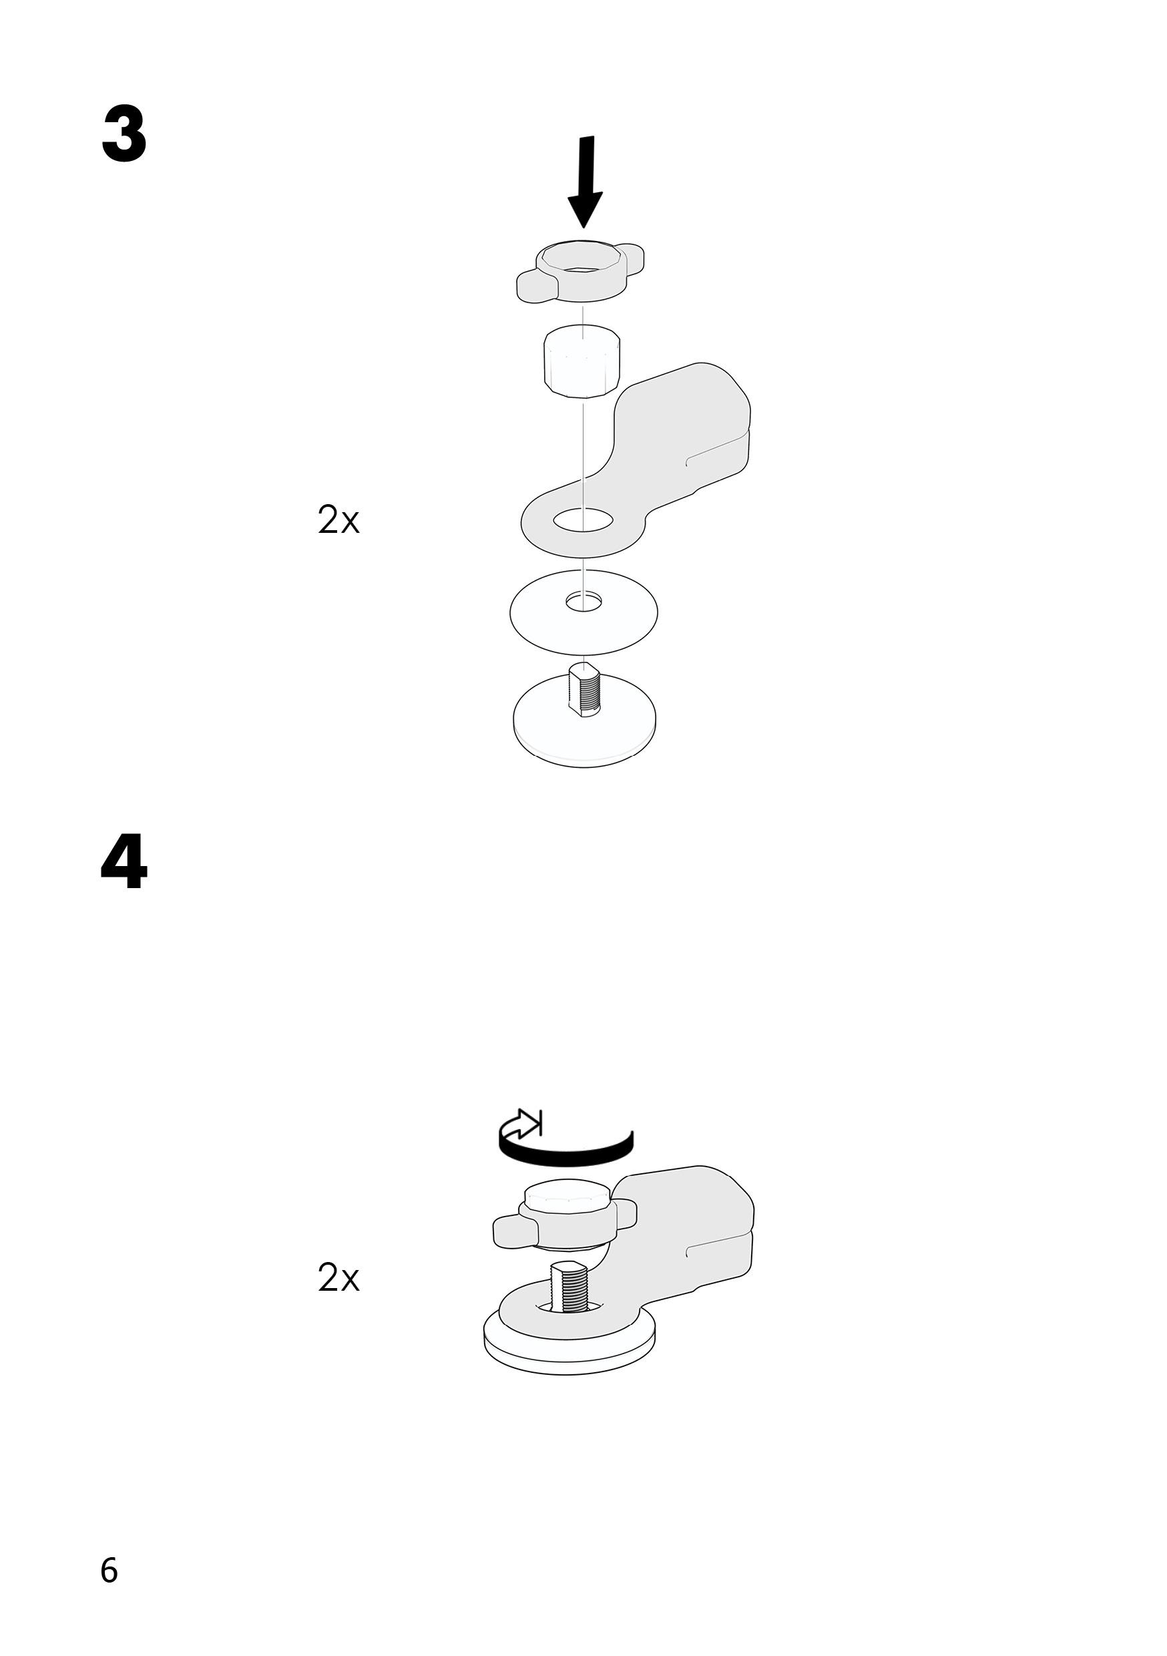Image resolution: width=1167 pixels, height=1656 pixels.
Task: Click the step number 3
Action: click(x=124, y=135)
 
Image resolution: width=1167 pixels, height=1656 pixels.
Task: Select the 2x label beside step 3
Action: click(x=338, y=520)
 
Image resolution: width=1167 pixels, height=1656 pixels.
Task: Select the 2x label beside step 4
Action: click(x=338, y=1277)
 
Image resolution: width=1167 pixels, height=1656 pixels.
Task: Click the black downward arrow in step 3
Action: click(x=586, y=180)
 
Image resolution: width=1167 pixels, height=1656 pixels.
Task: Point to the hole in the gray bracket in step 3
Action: click(x=583, y=520)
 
